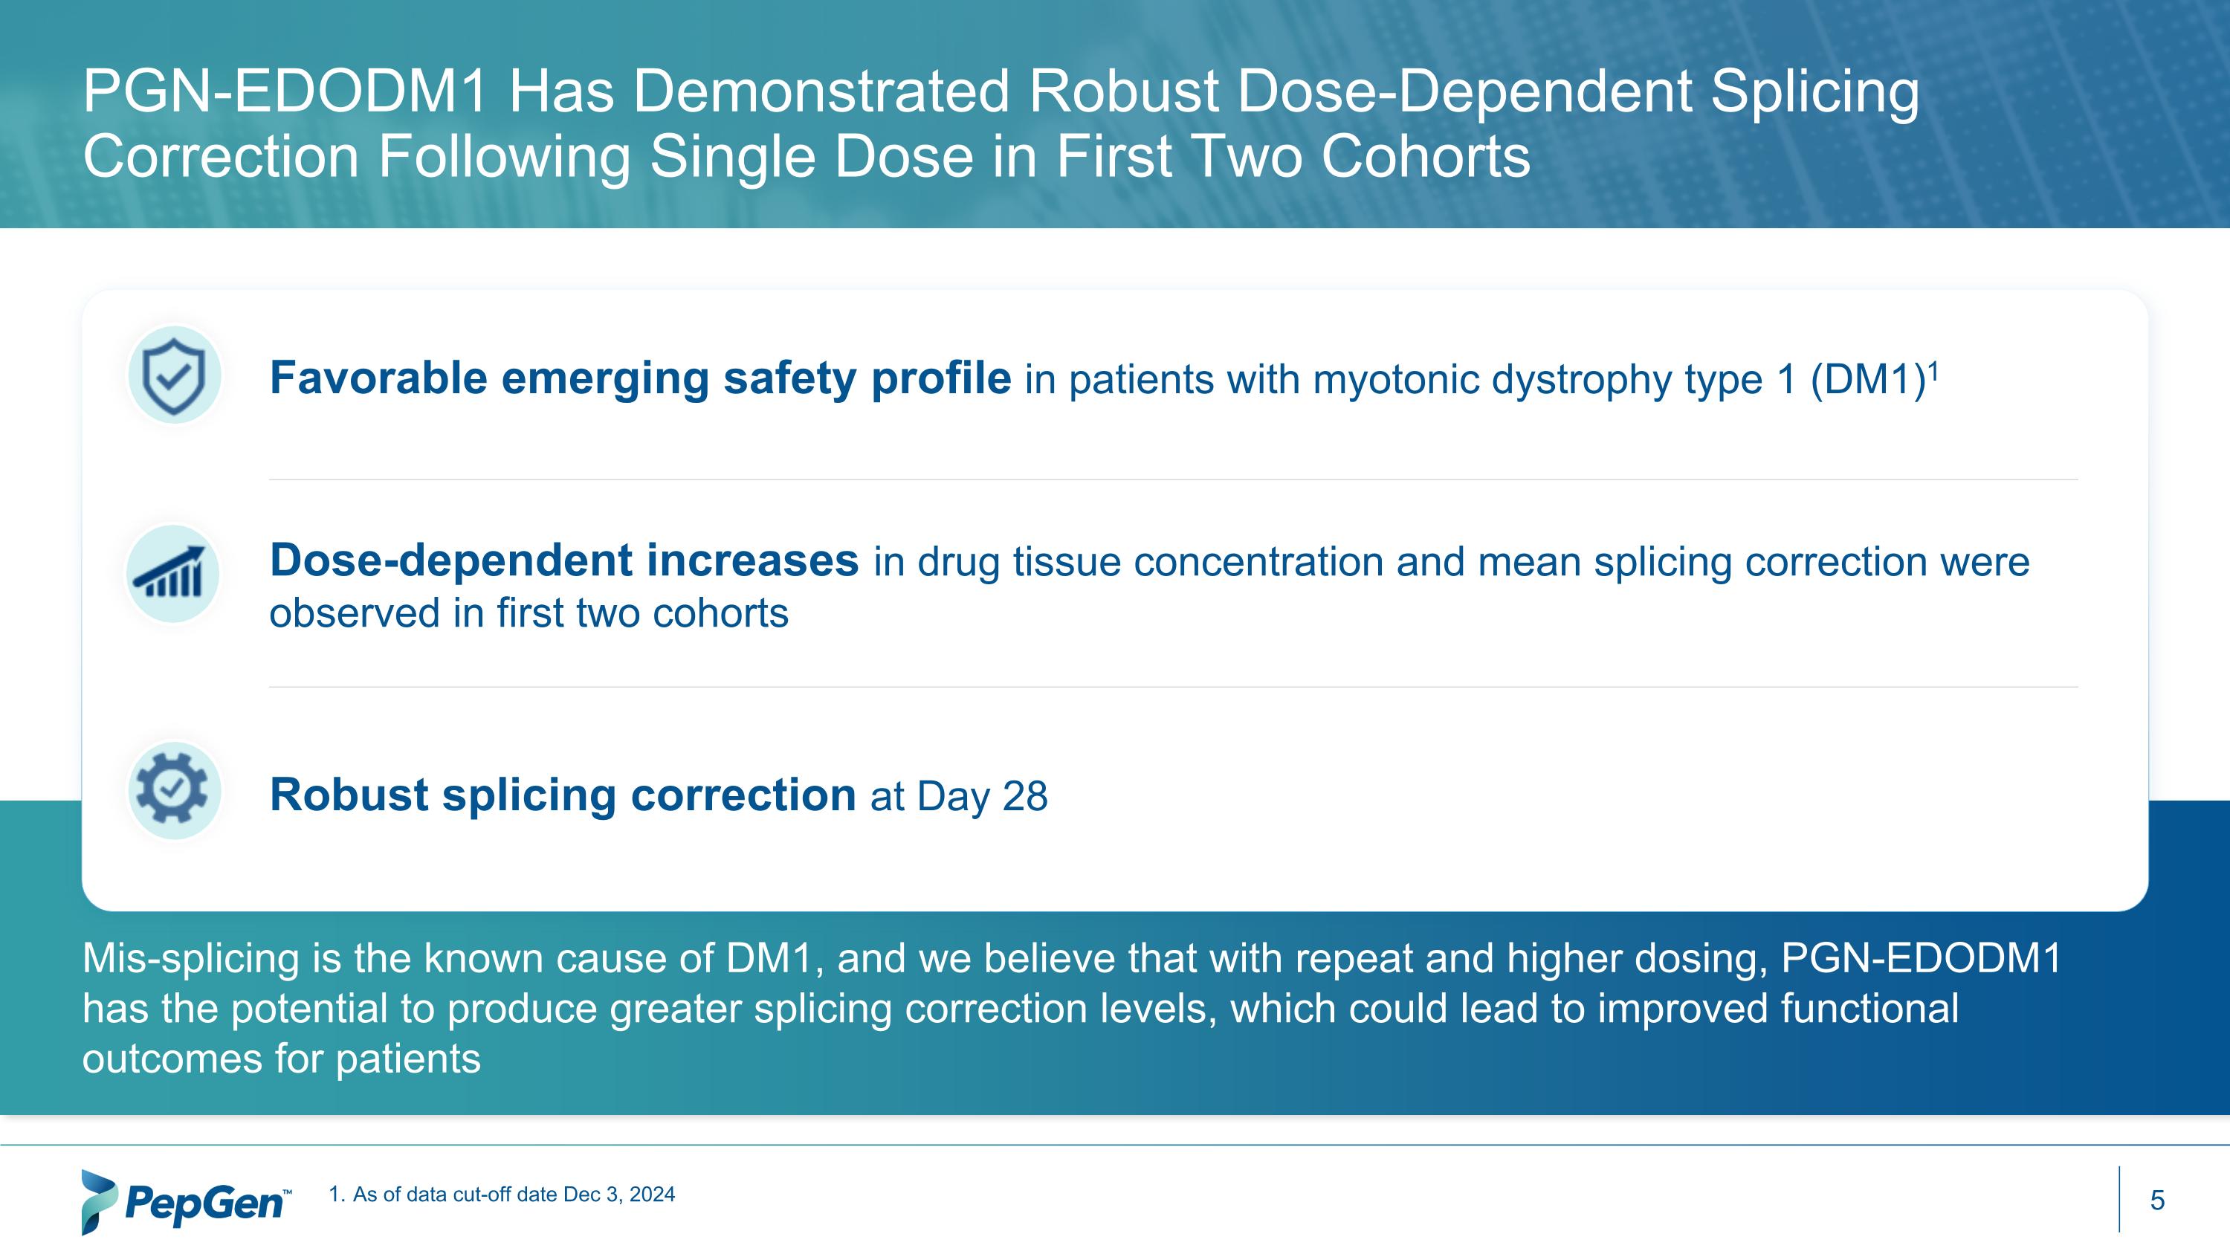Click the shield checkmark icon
174,375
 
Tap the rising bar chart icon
172,574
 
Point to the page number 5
2156,1200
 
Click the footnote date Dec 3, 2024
619,1195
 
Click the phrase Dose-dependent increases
563,560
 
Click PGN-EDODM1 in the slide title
285,91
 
